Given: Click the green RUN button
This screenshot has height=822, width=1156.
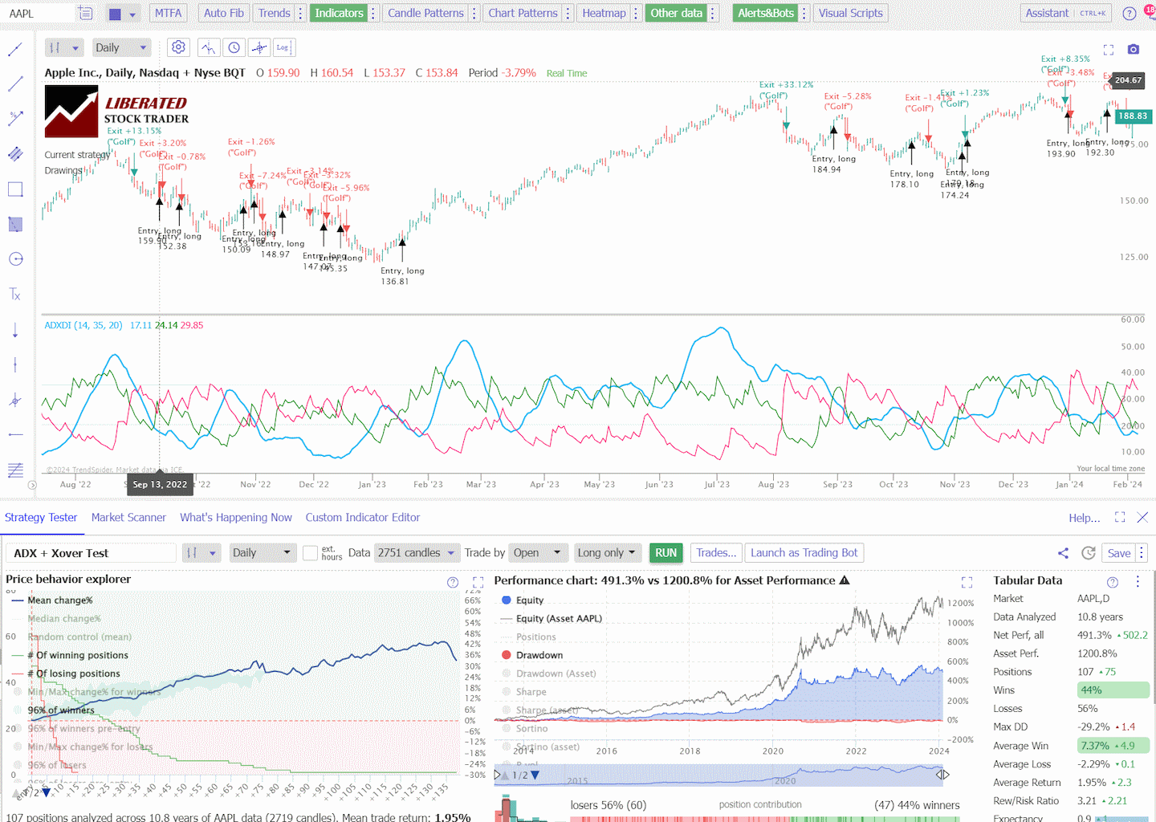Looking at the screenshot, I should [x=666, y=552].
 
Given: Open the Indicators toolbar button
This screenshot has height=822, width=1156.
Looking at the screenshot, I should [x=339, y=13].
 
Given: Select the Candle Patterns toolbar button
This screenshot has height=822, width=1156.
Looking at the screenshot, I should [x=425, y=13].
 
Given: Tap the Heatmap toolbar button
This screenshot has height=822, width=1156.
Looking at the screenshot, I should [x=604, y=13].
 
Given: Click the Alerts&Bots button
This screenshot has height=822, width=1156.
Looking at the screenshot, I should [x=765, y=13].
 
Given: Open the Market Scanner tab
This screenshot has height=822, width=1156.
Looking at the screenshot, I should [x=128, y=517].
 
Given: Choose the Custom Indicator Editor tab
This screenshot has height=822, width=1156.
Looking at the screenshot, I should [x=362, y=517].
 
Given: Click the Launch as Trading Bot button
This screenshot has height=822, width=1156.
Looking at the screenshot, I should [x=804, y=552].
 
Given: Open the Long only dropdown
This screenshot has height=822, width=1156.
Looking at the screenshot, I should [x=608, y=552].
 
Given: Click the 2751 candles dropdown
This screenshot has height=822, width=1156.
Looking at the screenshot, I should [x=415, y=552].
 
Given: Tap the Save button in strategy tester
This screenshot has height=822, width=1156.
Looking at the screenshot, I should [x=1118, y=553].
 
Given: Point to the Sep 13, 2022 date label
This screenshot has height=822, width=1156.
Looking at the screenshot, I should [x=160, y=484].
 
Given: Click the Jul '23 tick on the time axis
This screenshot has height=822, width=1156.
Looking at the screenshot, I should [x=717, y=484].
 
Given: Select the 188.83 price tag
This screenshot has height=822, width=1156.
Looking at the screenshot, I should [x=1133, y=116].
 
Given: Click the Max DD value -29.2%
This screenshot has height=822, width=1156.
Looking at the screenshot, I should [x=1093, y=726].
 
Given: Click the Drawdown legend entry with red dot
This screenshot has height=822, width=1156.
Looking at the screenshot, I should [x=539, y=655].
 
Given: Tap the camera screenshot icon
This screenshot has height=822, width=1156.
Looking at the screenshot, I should [x=1133, y=50].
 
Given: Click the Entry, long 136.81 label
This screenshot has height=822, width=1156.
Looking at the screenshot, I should [x=402, y=276].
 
